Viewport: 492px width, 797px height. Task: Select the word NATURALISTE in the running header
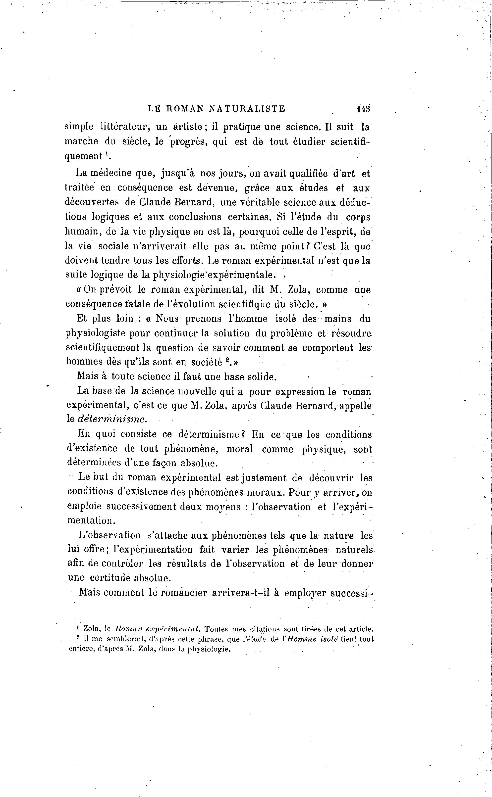tap(247, 109)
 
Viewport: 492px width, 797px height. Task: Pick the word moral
tap(240, 449)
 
